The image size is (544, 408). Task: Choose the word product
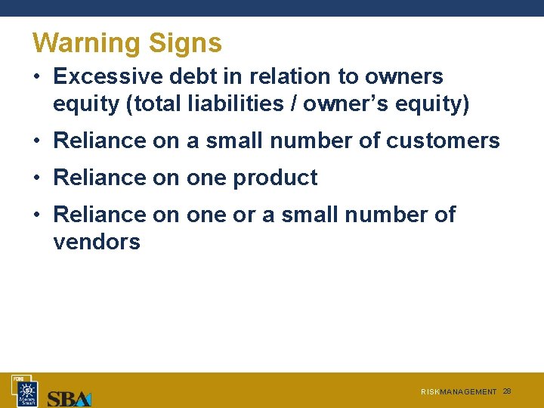(275, 178)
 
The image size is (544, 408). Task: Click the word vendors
(97, 242)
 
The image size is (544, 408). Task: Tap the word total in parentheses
(157, 104)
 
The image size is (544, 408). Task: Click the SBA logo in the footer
(69, 397)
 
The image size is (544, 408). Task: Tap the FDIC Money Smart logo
(27, 391)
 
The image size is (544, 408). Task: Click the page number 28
(507, 391)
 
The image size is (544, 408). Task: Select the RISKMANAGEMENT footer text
(459, 392)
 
